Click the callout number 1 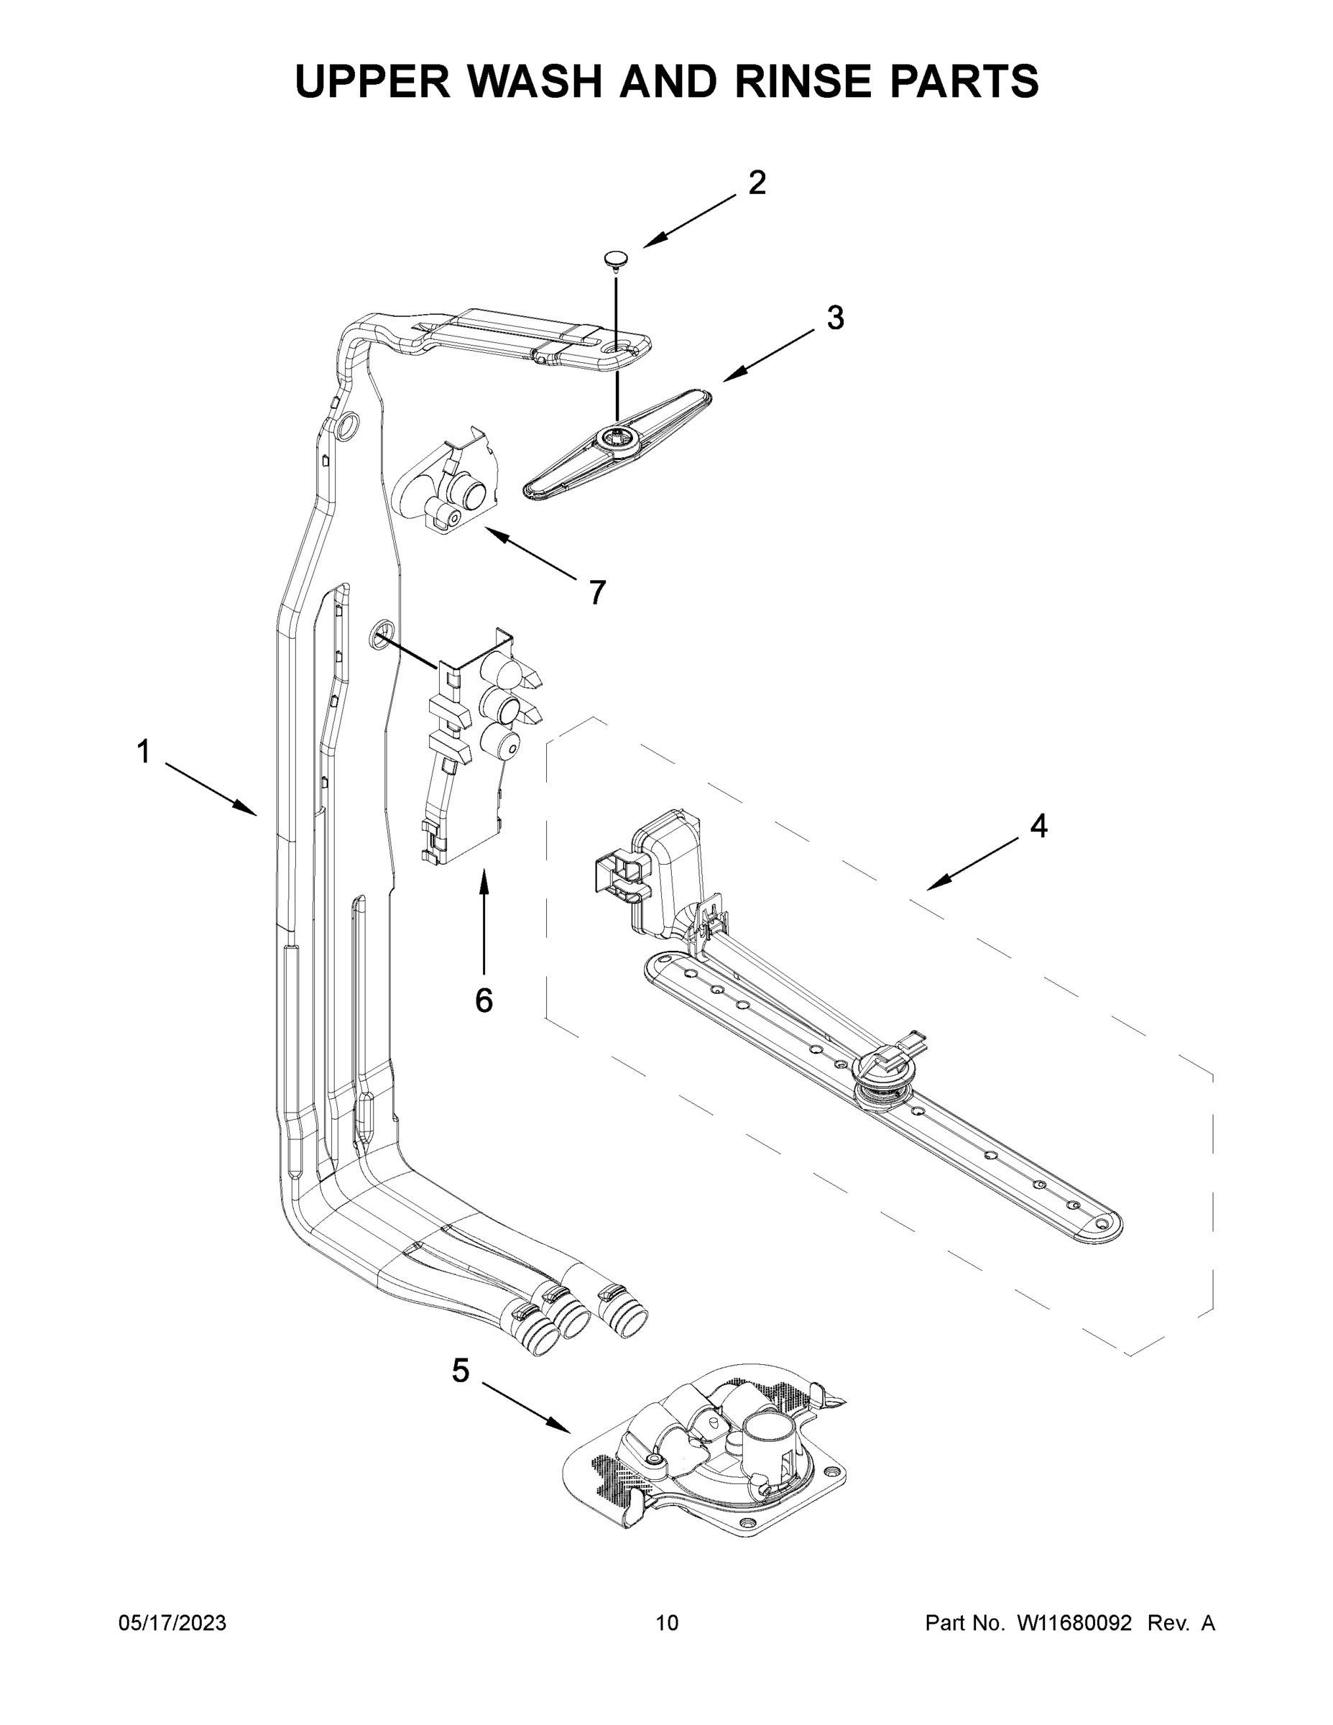pos(143,752)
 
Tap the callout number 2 pos(756,183)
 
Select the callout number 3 pos(835,318)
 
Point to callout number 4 pos(1038,826)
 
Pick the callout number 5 pos(461,1371)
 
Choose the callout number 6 pos(484,1000)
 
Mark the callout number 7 pos(597,592)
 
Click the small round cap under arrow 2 pos(617,257)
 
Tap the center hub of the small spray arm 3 pos(615,438)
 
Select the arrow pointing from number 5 pos(525,1407)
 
